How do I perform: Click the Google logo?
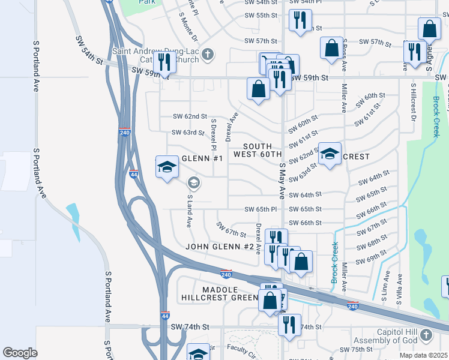[20, 353]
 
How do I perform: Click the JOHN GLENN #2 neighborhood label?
[220, 247]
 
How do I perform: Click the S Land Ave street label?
[189, 211]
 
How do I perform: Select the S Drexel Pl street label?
[213, 134]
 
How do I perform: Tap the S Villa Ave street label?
[399, 287]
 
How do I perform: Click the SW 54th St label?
[89, 50]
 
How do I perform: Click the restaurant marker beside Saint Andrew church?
[163, 62]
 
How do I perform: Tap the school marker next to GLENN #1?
[167, 167]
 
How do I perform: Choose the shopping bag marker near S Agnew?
[430, 29]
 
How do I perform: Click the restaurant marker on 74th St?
[289, 325]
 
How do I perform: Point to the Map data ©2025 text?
[423, 355]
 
